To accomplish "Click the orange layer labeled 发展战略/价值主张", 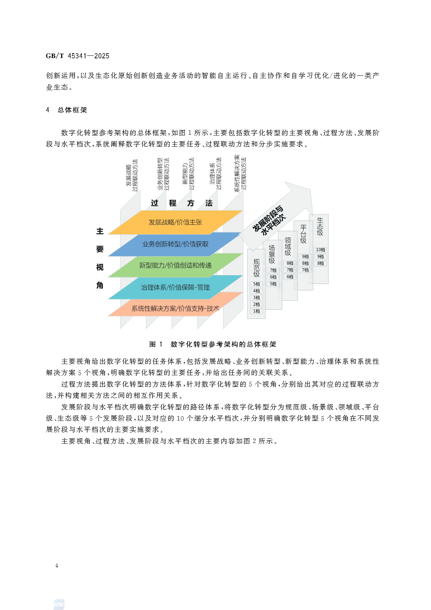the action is tap(175, 222).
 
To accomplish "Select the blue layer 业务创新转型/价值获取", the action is tap(175, 244).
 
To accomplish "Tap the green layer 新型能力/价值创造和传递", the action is tap(175, 265).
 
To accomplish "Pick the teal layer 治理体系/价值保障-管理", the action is tap(175, 287).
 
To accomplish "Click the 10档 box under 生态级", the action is tap(321, 250).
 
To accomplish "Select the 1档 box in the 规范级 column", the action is tap(256, 311).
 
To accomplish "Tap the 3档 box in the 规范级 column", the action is tap(256, 298).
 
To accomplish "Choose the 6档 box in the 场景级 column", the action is tap(273, 277).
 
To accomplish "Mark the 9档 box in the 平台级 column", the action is tap(305, 256).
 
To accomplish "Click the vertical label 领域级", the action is tap(288, 246).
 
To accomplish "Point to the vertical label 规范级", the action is tap(256, 268).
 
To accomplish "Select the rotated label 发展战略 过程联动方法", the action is tap(132, 175).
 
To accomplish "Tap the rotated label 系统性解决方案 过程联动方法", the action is tap(240, 174).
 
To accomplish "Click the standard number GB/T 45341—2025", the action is tap(78, 56).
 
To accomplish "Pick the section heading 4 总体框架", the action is tap(66, 110).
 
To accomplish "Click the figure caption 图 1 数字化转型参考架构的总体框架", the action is tap(213, 344).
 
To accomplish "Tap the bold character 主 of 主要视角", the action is tap(100, 231).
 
